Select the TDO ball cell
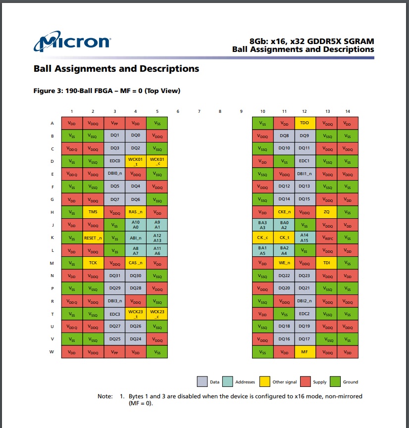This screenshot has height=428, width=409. [305, 123]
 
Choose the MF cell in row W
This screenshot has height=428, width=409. [305, 352]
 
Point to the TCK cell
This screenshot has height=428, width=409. [93, 263]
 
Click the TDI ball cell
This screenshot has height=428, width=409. [326, 263]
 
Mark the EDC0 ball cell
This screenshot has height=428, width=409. [114, 161]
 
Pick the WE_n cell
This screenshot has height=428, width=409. [284, 263]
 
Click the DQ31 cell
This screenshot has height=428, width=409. [114, 276]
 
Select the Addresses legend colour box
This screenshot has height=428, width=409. [227, 381]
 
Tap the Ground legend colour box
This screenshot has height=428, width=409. [334, 381]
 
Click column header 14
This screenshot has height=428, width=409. [347, 111]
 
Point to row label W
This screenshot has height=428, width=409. [52, 352]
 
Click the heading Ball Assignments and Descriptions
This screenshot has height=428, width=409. [116, 69]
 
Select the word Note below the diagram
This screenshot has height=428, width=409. [104, 396]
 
